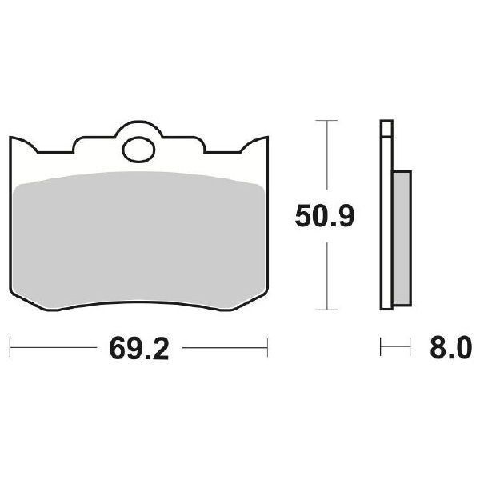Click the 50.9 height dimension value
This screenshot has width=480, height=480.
[x=323, y=216]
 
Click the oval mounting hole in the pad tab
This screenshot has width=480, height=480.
[x=139, y=148]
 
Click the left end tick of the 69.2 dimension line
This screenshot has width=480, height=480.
[x=10, y=348]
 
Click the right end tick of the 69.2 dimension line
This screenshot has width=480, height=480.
[x=267, y=348]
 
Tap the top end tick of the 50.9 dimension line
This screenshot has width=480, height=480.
[x=324, y=120]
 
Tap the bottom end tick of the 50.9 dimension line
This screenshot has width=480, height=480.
[x=324, y=309]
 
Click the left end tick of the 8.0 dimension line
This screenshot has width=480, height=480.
[x=382, y=348]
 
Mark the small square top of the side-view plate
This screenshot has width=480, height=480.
[x=386, y=126]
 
